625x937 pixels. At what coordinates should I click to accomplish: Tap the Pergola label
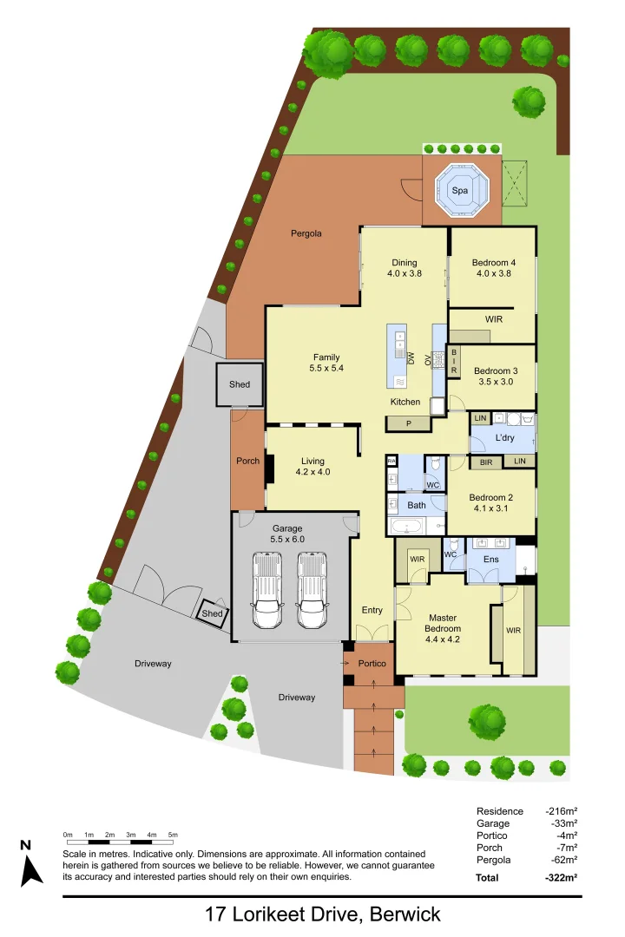click(x=306, y=233)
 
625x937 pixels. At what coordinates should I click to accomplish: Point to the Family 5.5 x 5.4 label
click(x=326, y=363)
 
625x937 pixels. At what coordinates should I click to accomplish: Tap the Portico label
click(x=372, y=664)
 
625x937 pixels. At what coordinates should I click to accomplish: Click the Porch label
click(x=248, y=461)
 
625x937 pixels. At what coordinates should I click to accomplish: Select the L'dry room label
click(x=505, y=438)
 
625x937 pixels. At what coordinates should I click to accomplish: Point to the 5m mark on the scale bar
click(x=173, y=835)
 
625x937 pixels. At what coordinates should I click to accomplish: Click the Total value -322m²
click(x=560, y=878)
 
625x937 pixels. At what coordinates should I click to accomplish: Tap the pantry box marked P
click(x=406, y=423)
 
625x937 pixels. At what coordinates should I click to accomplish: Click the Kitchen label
click(x=405, y=402)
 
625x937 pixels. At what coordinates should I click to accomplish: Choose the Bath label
click(x=417, y=505)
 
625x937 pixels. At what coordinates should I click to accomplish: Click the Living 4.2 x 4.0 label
click(x=312, y=467)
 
